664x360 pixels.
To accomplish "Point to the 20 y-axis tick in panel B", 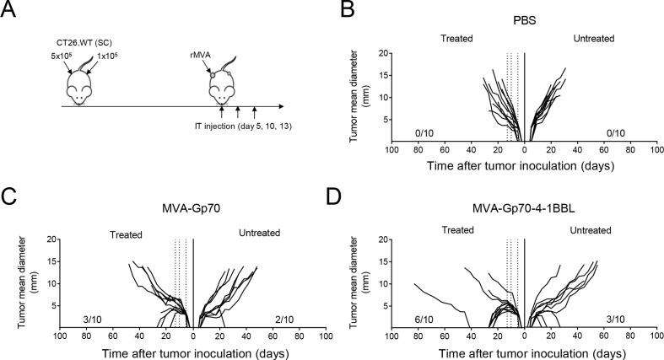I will (381, 53).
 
